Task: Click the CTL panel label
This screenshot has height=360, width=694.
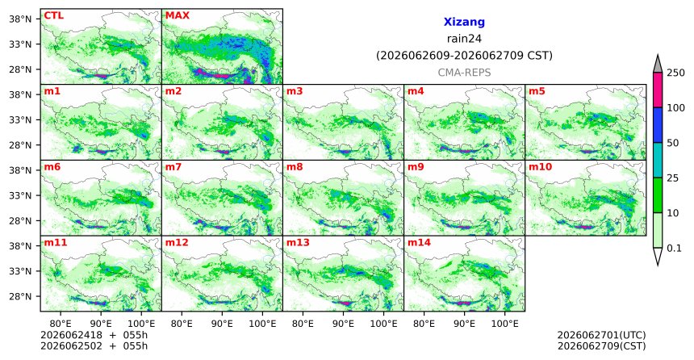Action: [53, 15]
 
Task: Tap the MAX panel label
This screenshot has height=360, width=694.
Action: [177, 15]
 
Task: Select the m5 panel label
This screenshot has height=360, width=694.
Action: [537, 92]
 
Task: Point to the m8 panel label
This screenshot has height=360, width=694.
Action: [295, 167]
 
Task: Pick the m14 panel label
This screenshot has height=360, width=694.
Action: [418, 243]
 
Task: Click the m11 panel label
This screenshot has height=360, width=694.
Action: [56, 243]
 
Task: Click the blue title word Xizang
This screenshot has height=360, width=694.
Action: [464, 22]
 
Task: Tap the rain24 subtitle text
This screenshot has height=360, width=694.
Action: [464, 39]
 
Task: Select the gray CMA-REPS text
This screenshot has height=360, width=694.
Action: [464, 73]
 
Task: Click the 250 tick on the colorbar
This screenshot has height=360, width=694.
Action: [676, 73]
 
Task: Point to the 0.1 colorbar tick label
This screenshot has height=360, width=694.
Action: [674, 249]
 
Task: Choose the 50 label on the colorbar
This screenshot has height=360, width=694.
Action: [673, 143]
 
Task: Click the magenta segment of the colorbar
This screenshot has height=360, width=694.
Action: [658, 90]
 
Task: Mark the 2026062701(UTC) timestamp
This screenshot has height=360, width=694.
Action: [601, 335]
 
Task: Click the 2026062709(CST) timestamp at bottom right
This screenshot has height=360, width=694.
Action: [601, 345]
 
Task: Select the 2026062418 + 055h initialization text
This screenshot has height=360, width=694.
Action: [94, 335]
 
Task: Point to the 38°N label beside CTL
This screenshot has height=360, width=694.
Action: [20, 19]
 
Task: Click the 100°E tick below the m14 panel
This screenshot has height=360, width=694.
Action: [504, 324]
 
